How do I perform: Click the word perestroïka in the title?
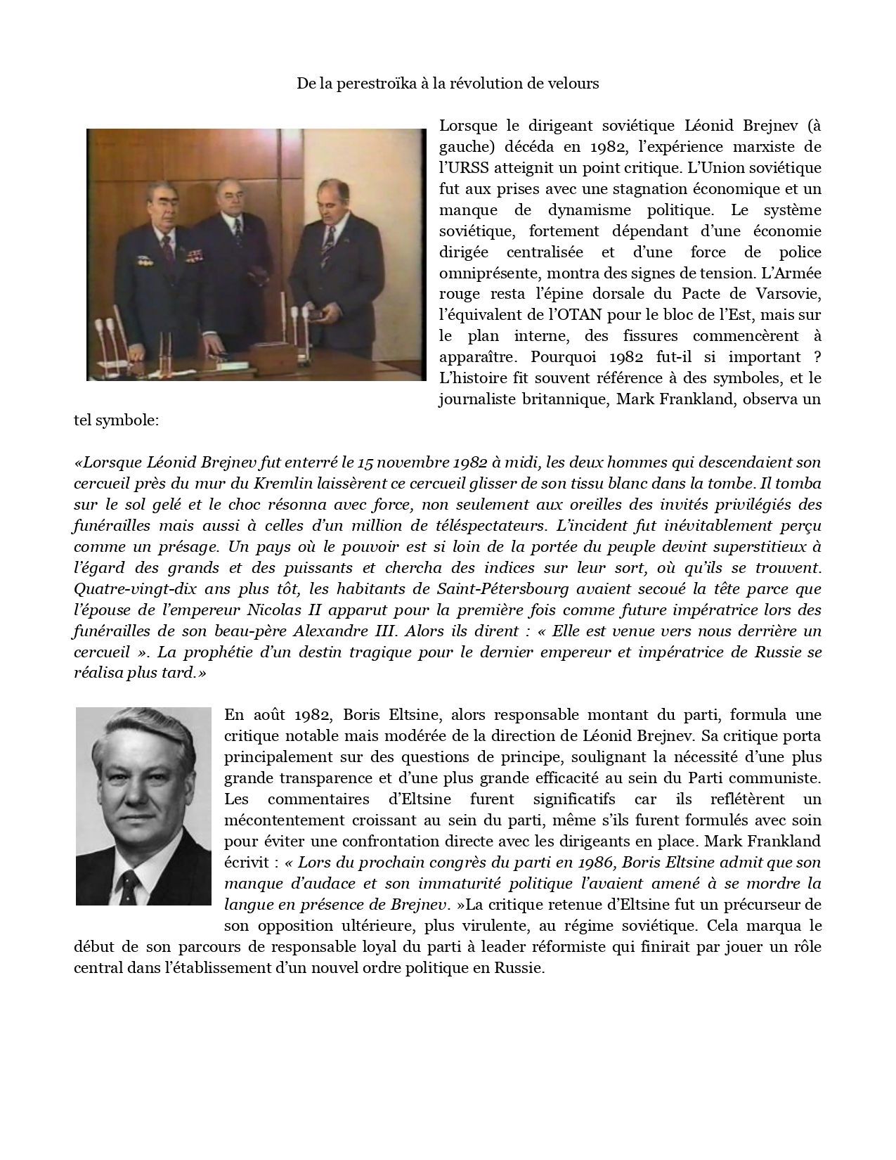click(x=377, y=84)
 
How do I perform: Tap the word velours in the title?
click(x=574, y=84)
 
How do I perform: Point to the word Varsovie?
click(x=792, y=294)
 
